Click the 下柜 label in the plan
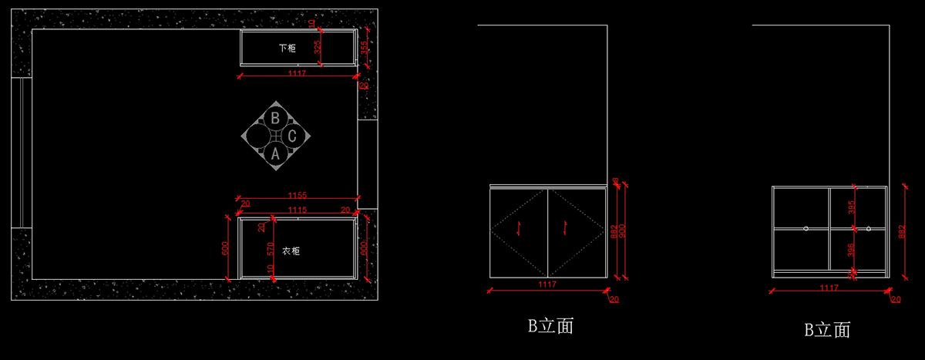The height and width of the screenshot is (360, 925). coord(287,48)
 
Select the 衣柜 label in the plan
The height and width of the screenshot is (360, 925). coord(291,251)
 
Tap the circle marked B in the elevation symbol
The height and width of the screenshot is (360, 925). coord(275,118)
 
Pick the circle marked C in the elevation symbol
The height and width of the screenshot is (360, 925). coord(292,136)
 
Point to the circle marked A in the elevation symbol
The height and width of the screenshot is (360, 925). coord(275,153)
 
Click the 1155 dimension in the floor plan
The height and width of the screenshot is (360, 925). coord(297,196)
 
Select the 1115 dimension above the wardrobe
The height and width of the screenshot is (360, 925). coord(297,210)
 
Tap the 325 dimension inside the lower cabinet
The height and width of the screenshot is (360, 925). coord(318,48)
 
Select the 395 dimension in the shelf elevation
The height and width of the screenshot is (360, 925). coord(851,208)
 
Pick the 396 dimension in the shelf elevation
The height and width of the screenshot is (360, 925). coord(851,250)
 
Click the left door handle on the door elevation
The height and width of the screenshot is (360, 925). coord(520,226)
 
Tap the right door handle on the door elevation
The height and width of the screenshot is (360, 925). coord(567,226)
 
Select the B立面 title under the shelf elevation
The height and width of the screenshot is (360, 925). coord(827,331)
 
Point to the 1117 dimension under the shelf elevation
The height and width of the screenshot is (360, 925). coord(829,288)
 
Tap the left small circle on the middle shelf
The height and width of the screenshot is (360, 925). coord(806,228)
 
